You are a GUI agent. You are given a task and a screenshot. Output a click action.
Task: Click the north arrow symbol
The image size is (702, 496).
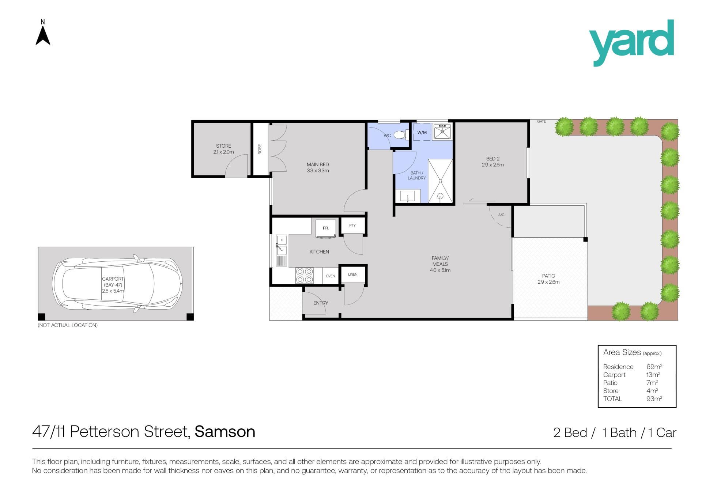(43, 36)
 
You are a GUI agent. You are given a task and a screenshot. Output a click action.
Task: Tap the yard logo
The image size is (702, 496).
(631, 43)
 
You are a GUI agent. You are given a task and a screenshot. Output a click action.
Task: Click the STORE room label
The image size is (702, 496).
(223, 146)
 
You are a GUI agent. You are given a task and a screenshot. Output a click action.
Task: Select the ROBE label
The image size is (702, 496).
(260, 149)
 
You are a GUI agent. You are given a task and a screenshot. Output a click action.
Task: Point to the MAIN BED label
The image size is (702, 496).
(318, 164)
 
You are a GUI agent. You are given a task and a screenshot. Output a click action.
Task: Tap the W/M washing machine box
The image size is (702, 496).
(422, 132)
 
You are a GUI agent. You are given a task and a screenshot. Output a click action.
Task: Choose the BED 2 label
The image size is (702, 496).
(493, 159)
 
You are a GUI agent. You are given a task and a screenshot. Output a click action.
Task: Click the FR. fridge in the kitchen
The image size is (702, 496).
(326, 228)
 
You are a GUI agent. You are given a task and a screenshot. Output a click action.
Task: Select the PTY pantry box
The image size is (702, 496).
(352, 226)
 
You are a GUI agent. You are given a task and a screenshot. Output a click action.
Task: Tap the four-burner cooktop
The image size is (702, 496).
(304, 276)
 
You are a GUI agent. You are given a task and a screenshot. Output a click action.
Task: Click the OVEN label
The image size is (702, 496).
(330, 276)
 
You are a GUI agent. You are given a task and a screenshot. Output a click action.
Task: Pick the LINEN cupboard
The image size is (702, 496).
(353, 274)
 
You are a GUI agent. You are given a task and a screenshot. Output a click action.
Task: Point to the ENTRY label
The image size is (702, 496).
(321, 303)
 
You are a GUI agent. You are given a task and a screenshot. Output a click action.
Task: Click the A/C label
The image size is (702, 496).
(501, 215)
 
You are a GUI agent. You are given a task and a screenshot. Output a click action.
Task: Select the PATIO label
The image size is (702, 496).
(548, 276)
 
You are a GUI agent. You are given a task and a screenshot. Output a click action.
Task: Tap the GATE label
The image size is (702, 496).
(541, 121)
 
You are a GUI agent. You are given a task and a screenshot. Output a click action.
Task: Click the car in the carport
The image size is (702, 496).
(117, 284)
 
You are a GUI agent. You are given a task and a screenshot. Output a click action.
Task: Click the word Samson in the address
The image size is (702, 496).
(225, 432)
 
